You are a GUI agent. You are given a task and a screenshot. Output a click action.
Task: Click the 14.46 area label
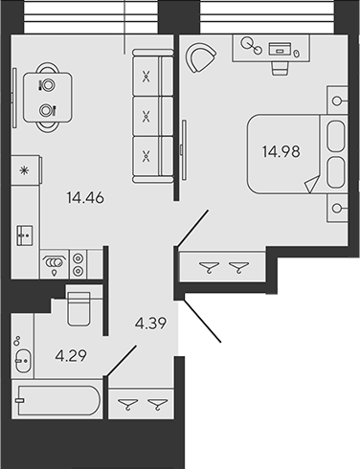coord(85,199)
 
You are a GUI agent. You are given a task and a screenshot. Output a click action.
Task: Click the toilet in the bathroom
coord(79,309)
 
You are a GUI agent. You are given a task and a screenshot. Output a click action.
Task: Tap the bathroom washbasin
coord(24,360)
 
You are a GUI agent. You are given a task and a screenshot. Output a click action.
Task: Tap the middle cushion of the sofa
coord(146,117)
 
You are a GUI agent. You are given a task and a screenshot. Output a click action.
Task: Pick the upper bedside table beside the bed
coord(336,100)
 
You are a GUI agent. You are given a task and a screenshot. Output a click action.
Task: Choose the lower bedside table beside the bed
coord(336,207)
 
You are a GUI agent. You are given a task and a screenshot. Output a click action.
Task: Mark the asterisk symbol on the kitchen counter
coord(23,171)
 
